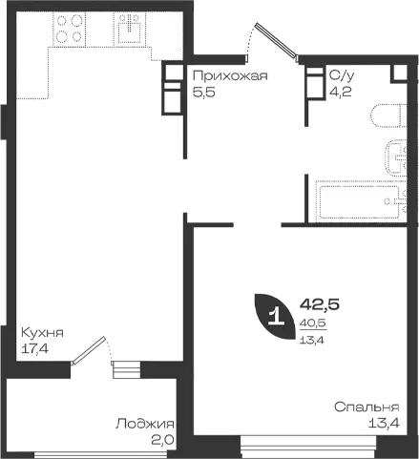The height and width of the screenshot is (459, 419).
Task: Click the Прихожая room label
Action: [x=230, y=76]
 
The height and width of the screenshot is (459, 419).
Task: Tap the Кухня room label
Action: [x=42, y=333]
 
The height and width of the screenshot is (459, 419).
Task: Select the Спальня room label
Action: [x=367, y=407]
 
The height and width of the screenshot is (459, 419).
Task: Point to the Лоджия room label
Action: [x=145, y=424]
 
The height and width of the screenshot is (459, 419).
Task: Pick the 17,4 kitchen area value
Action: [x=34, y=349]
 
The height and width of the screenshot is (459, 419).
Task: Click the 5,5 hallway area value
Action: [x=204, y=93]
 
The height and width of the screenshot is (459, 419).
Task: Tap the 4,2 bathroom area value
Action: [x=340, y=92]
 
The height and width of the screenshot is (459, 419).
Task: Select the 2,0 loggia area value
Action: [x=162, y=441]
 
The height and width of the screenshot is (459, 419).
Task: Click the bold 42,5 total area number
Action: [x=320, y=304]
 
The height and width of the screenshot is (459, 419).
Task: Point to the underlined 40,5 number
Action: [x=313, y=323]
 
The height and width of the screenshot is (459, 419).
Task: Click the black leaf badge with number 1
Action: [x=275, y=317]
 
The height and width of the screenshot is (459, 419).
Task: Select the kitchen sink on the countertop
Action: [x=130, y=28]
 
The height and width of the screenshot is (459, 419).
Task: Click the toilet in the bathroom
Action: [x=388, y=115]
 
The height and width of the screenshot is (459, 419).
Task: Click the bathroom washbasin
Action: [x=396, y=157]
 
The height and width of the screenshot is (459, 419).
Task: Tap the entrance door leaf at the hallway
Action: [x=277, y=41]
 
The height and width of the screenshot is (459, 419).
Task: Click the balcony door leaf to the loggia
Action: [x=88, y=350]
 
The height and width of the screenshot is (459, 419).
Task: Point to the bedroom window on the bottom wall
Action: [x=308, y=447]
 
